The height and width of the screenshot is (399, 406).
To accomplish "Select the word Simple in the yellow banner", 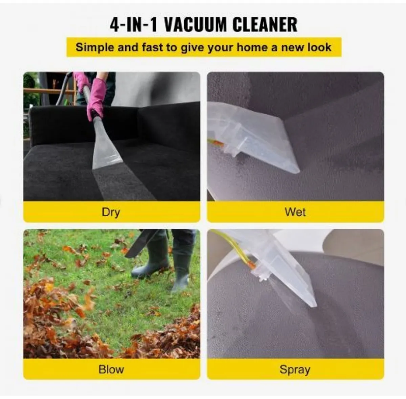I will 95,47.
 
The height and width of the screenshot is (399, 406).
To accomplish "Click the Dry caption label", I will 111,212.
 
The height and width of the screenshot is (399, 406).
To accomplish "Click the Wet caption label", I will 295,212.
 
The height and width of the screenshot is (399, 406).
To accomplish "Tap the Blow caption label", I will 111,369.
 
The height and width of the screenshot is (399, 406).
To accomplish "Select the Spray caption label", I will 295,369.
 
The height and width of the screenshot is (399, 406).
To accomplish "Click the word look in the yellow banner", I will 320,47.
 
